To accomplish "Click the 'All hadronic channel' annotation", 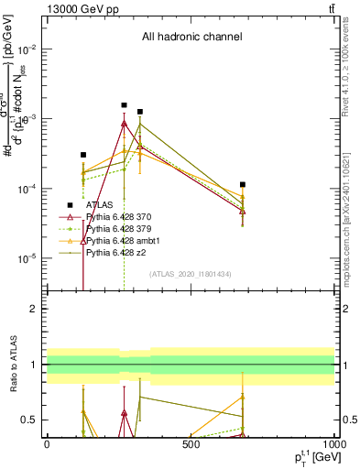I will click(x=191, y=38).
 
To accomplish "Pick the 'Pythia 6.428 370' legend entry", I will click(x=122, y=217).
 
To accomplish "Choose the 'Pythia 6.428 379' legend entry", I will click(x=122, y=228).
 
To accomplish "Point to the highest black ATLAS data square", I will click(x=124, y=105).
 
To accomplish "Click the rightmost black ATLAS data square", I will click(x=243, y=185).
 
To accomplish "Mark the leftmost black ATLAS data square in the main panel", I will click(x=83, y=156).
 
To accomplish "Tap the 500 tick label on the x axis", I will click(x=191, y=444).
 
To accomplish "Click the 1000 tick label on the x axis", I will click(x=333, y=444).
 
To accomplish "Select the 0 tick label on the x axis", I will click(x=47, y=444).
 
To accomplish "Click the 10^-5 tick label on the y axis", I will click(x=28, y=258).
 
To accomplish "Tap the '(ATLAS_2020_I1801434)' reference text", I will click(x=190, y=274).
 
